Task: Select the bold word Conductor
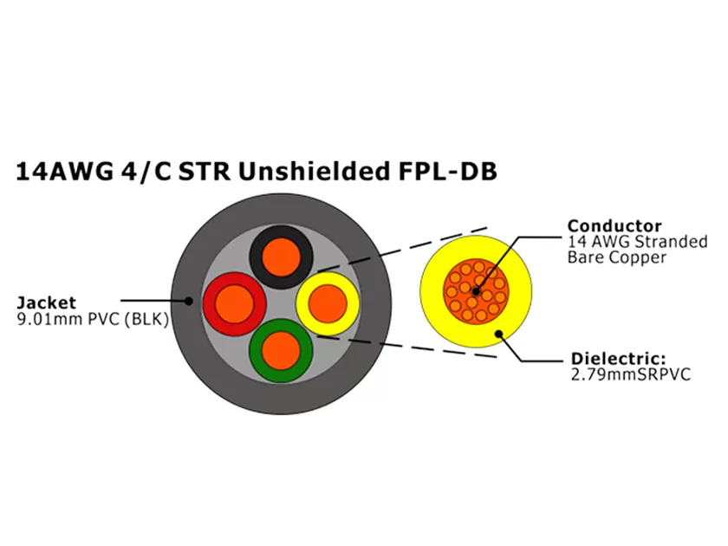click(614, 226)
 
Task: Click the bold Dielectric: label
click(618, 359)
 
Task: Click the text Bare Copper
click(617, 257)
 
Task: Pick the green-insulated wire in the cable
click(279, 350)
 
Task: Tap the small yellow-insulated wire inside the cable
click(326, 302)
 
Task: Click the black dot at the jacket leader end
click(189, 302)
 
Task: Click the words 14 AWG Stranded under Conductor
click(637, 242)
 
